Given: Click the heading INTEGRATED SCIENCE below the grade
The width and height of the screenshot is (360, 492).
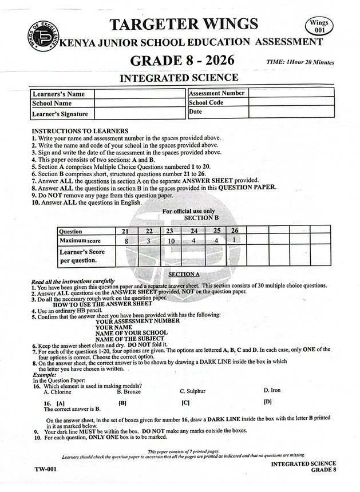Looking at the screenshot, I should [x=179, y=78].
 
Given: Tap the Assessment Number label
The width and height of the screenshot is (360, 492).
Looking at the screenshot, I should [x=216, y=93].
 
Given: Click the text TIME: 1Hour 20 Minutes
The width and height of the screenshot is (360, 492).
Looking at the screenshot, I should [x=300, y=62].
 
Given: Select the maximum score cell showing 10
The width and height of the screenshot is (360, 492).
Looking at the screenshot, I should [x=169, y=241].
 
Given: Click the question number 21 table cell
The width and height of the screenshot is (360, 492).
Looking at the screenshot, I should [x=125, y=231].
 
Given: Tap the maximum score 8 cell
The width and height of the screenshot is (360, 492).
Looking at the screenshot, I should [x=125, y=241].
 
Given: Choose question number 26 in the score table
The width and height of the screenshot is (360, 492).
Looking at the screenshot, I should [x=235, y=231].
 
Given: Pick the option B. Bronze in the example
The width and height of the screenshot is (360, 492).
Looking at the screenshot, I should [x=128, y=391].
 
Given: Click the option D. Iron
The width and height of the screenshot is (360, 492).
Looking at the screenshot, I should [x=272, y=390].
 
